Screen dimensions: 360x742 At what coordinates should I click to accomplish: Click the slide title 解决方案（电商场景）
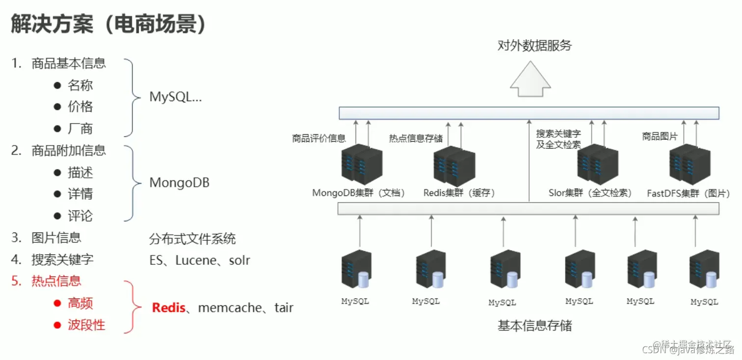(108, 25)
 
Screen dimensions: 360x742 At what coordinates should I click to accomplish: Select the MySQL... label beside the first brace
(175, 97)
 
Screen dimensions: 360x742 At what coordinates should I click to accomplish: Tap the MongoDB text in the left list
(179, 183)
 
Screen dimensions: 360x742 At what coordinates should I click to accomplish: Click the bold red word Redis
(168, 308)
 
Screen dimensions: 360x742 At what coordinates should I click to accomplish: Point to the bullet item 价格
(80, 107)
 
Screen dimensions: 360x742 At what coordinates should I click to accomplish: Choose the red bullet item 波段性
(86, 325)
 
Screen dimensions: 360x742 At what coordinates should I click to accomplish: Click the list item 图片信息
(56, 238)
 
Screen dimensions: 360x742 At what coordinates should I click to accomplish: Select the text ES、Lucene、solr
(199, 260)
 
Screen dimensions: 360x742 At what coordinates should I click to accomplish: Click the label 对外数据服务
(534, 46)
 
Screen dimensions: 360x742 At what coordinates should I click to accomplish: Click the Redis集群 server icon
(454, 166)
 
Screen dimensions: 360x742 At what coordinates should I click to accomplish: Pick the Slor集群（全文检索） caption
(590, 193)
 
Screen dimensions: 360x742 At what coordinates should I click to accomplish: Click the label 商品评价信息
(318, 138)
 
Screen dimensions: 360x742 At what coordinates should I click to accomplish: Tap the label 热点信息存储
(416, 138)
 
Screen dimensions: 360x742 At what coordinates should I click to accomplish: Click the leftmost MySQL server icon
(356, 269)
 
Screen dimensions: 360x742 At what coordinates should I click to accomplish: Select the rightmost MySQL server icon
(704, 270)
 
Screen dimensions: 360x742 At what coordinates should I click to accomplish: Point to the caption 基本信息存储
(534, 325)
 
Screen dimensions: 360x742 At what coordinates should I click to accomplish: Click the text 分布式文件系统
(192, 239)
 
